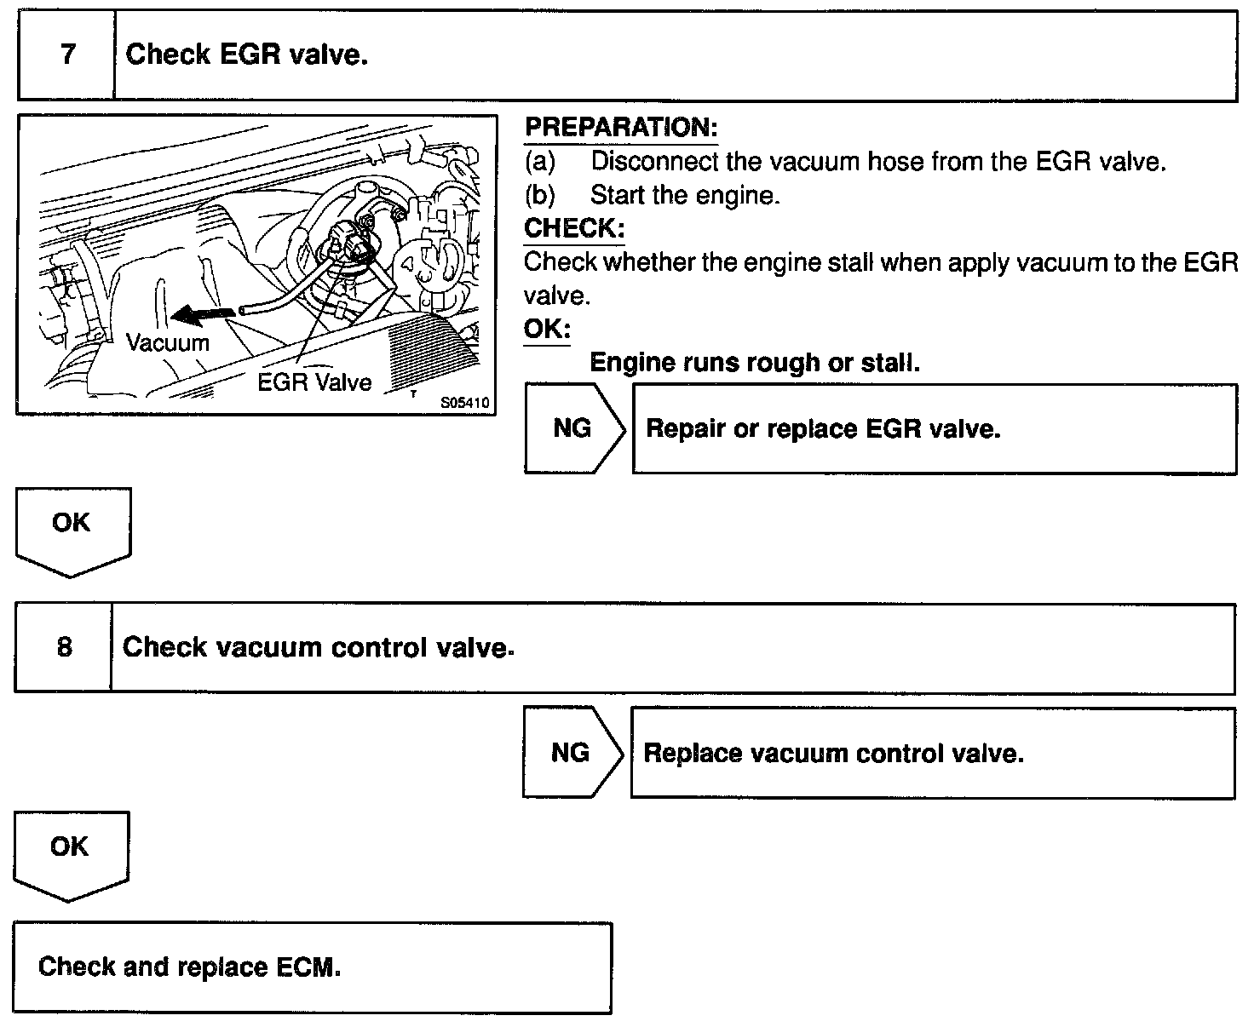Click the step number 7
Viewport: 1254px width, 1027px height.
click(67, 55)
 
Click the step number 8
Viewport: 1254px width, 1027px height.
click(65, 648)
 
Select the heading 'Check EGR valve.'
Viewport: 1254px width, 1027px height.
click(247, 55)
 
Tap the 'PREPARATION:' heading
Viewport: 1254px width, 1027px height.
click(621, 128)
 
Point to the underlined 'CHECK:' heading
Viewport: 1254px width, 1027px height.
click(574, 228)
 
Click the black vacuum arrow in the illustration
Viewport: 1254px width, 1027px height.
click(204, 316)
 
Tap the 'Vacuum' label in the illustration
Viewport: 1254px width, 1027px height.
click(167, 343)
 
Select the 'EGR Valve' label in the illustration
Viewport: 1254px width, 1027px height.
click(314, 382)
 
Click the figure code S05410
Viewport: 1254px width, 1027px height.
click(465, 403)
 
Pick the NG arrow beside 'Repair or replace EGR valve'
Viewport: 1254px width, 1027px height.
click(572, 428)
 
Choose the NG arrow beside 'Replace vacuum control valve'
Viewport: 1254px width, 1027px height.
click(571, 753)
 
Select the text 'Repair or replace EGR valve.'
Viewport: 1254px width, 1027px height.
click(823, 428)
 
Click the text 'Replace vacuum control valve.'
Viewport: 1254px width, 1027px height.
click(833, 754)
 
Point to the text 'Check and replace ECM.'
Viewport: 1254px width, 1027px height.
click(189, 967)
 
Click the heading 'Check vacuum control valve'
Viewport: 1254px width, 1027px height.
click(319, 648)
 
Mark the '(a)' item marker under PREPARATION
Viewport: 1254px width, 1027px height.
click(539, 161)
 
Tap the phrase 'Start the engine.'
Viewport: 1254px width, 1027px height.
click(685, 195)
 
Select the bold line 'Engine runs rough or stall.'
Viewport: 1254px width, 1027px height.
click(755, 363)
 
